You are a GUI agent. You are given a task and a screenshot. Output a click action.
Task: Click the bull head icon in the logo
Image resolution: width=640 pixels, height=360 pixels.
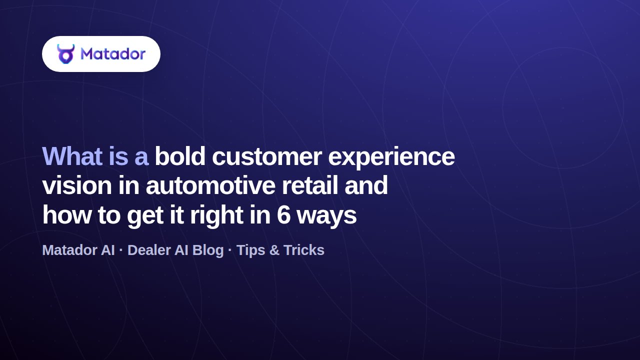point(65,53)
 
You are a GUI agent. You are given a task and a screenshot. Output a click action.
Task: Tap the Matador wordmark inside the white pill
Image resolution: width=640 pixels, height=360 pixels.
point(113,53)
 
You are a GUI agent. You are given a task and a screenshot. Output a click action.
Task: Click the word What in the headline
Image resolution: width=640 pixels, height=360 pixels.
point(72,156)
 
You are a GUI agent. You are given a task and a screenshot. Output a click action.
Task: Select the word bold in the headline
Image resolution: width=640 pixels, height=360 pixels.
point(180,156)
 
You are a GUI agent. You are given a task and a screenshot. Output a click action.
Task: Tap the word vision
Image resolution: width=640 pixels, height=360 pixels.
point(77,185)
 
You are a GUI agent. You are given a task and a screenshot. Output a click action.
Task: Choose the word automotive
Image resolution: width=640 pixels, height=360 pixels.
point(211,185)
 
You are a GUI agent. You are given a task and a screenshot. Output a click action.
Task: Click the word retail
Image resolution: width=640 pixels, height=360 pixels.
point(310,185)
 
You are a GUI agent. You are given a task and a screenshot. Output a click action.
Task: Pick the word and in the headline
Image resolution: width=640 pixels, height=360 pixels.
point(366,185)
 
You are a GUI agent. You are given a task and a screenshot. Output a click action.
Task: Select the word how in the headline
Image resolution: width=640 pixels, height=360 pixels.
point(67,215)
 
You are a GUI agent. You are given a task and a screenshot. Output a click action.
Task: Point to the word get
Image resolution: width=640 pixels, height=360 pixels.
point(145,217)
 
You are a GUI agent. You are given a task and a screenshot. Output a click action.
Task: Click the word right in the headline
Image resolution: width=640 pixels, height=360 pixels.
point(216,216)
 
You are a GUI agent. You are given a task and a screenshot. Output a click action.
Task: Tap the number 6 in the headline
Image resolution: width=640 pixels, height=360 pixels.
point(283,215)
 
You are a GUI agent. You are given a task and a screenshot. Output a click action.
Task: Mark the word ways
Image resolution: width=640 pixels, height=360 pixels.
point(327,217)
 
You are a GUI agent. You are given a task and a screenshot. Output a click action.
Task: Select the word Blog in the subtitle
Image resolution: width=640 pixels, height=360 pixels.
point(208,251)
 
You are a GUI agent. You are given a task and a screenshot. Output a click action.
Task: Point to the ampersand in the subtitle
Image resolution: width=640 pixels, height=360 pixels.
point(274,250)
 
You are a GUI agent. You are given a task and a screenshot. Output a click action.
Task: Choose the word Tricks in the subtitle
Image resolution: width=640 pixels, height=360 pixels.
point(304,250)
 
